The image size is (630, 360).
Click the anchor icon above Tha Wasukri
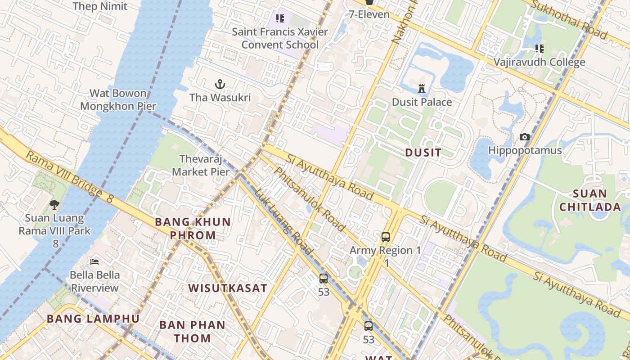click(x=220, y=84)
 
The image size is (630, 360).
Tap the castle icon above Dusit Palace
click(x=422, y=89)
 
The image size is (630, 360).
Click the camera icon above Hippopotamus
click(x=525, y=137)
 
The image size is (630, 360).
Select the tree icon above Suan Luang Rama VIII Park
click(x=54, y=205)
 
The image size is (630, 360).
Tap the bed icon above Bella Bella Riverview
click(x=94, y=261)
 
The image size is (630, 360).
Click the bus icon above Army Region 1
click(x=385, y=237)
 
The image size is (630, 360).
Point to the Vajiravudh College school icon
click(x=539, y=49)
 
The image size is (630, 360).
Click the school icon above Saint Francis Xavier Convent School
click(x=280, y=19)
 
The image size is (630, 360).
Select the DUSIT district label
click(x=423, y=153)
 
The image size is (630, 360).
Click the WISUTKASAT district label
click(x=228, y=288)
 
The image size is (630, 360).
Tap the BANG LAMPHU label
click(x=93, y=319)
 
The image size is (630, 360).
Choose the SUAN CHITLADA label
click(x=597, y=200)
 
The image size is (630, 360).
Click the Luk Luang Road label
click(x=283, y=221)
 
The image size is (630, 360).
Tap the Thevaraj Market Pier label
click(x=201, y=165)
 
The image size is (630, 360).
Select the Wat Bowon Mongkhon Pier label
click(x=118, y=100)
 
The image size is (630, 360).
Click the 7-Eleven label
click(x=369, y=14)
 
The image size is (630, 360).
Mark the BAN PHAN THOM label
click(x=192, y=331)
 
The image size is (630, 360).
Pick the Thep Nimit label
click(x=100, y=6)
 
